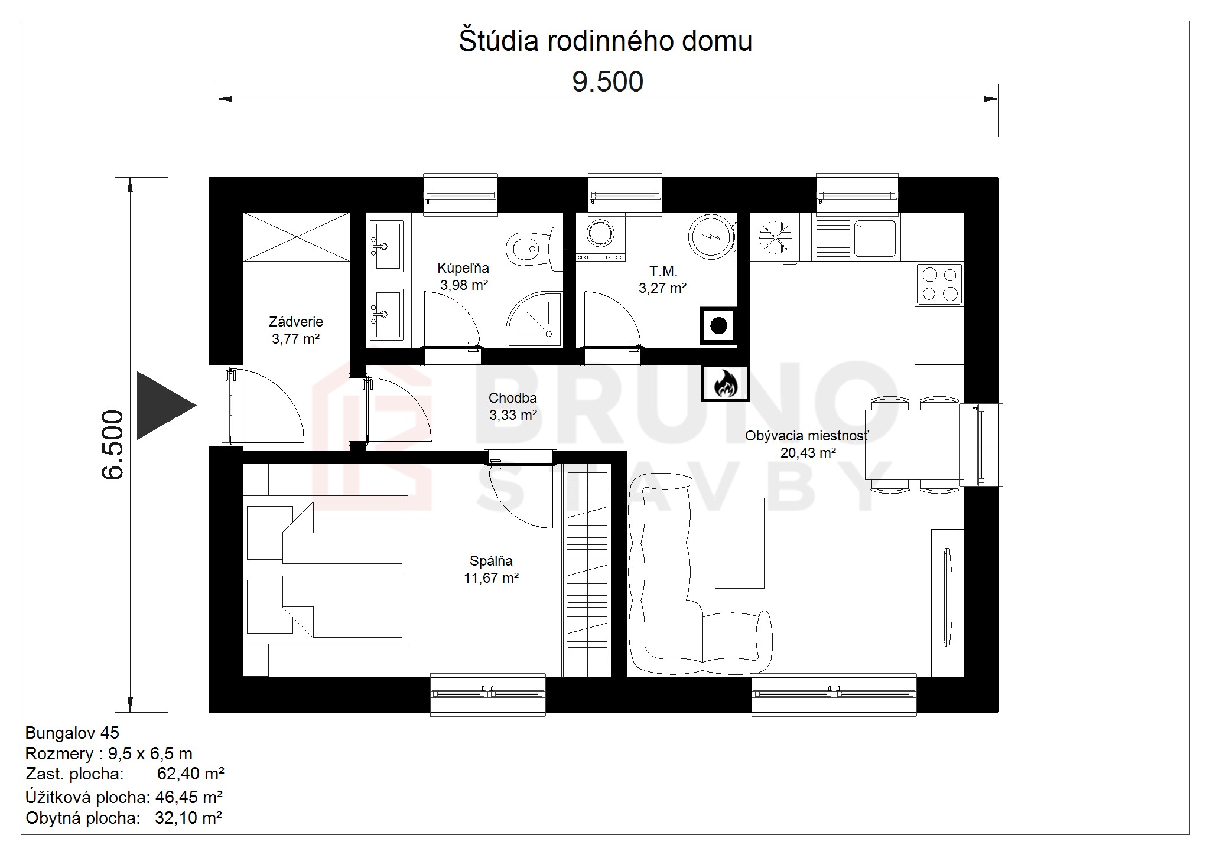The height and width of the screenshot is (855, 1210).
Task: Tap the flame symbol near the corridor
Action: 726,383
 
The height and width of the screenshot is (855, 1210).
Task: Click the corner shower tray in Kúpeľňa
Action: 534,321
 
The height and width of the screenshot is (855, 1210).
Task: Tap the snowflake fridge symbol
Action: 775,237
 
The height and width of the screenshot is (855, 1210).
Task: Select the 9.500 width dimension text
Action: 607,81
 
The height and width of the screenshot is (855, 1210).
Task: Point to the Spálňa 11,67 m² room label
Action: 492,569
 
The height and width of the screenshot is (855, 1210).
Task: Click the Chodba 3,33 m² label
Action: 513,406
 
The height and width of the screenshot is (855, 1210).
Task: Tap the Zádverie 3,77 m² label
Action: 295,330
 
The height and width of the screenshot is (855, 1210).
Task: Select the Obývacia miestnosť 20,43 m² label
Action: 807,444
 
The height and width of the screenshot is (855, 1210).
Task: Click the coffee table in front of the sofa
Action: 739,543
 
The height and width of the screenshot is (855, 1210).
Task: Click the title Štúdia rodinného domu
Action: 606,41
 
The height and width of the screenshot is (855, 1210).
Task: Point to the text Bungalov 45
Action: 72,733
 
